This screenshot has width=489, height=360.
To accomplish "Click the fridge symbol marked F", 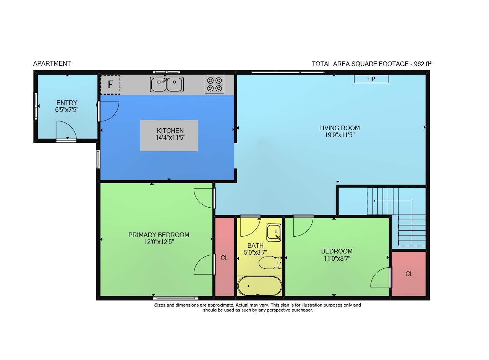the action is [x=110, y=85].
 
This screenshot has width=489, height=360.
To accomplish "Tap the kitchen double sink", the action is [x=167, y=84].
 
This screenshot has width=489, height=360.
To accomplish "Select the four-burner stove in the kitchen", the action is [x=215, y=84].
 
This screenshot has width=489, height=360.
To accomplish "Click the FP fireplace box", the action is [x=371, y=79].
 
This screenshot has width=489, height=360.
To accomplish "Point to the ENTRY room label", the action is [x=67, y=103].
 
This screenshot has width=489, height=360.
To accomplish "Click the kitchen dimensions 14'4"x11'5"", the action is [x=170, y=138].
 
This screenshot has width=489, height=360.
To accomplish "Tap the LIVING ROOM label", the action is [x=340, y=128].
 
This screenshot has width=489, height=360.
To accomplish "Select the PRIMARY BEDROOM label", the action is [x=159, y=235].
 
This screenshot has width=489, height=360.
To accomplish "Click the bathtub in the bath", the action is [x=259, y=286].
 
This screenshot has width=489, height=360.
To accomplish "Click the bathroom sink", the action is [x=274, y=232].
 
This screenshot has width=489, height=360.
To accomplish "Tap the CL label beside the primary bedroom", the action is [x=224, y=258].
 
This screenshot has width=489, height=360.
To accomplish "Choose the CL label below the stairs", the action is [x=409, y=274].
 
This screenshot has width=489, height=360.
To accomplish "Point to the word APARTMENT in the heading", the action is [x=52, y=63].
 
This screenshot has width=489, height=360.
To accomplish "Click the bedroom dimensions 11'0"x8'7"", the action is [x=337, y=259].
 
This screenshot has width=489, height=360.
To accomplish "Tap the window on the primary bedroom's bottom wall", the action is [x=176, y=298].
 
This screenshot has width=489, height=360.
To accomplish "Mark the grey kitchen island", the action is [x=169, y=136].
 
